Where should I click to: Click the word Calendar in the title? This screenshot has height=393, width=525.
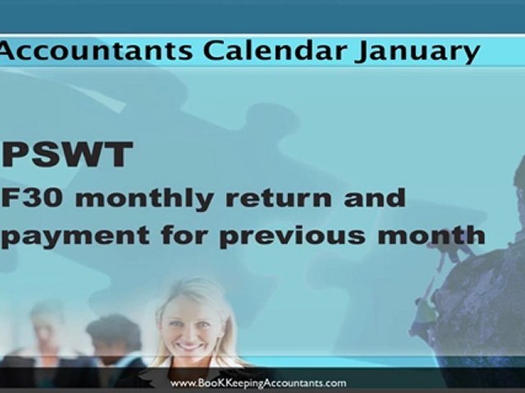(273, 51)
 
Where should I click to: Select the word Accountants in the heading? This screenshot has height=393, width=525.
(96, 51)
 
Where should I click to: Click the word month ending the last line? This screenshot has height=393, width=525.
(437, 234)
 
